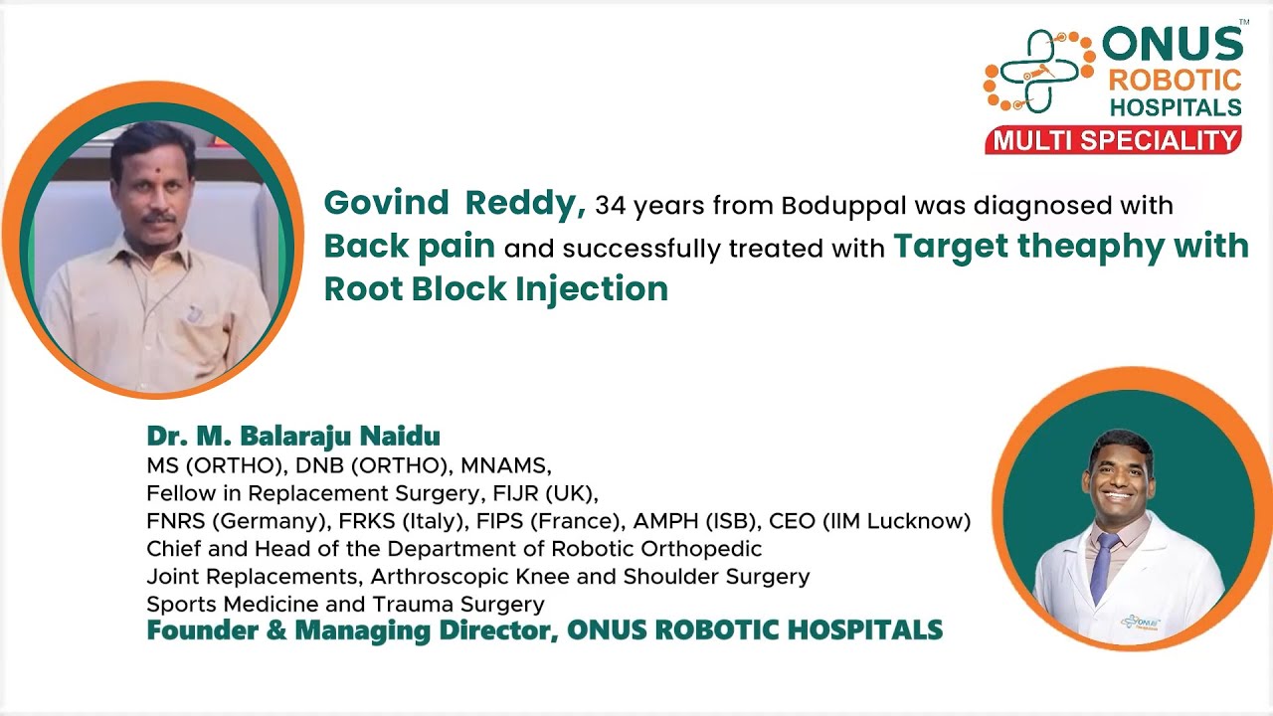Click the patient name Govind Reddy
click(x=454, y=203)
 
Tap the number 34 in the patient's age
click(x=609, y=206)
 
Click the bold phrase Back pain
click(x=410, y=247)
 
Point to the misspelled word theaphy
click(x=1100, y=247)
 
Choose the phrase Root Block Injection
click(x=495, y=289)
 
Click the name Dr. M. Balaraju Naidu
click(x=293, y=437)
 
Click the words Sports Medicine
click(x=242, y=605)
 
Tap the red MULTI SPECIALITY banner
click(x=1113, y=140)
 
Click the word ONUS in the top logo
click(x=1172, y=46)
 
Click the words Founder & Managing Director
click(x=351, y=630)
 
